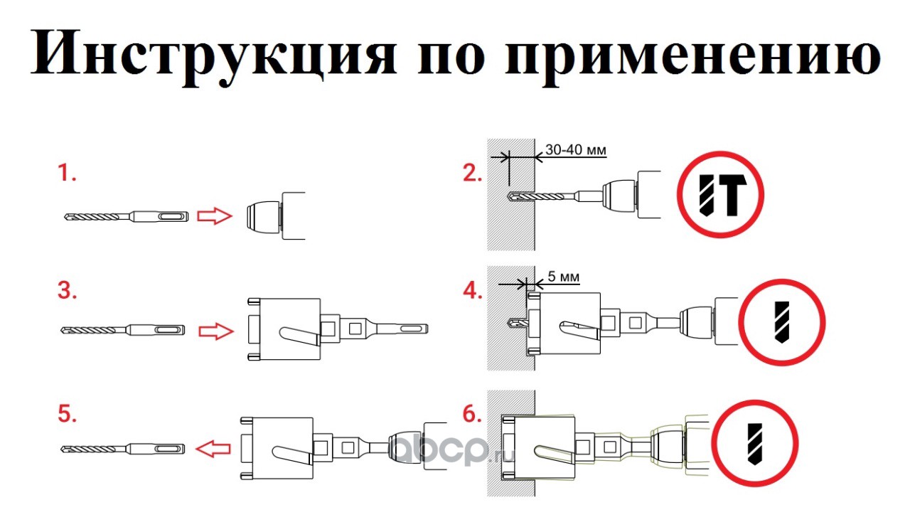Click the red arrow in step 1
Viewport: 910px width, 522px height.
point(214,215)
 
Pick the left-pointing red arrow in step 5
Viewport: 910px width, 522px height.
point(213,447)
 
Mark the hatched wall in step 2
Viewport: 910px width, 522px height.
point(510,213)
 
